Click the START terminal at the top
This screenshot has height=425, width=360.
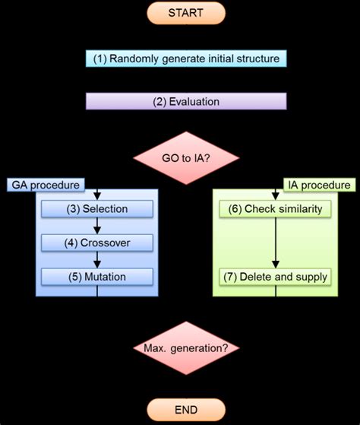[186, 13]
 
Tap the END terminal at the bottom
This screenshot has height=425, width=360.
[186, 411]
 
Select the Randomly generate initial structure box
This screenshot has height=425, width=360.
[186, 59]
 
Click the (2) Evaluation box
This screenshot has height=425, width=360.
[186, 101]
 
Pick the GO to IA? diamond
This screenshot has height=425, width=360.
[186, 158]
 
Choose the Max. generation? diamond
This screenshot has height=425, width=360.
[186, 349]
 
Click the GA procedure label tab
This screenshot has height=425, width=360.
[45, 185]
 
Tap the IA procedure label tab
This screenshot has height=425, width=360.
[320, 185]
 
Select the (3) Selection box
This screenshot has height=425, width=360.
[96, 208]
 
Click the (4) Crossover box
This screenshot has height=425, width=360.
[96, 243]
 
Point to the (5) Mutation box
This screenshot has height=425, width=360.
[96, 277]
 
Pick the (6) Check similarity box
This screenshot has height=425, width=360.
[276, 208]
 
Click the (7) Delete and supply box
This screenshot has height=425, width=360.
[276, 277]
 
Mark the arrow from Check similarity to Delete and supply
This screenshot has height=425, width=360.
[276, 243]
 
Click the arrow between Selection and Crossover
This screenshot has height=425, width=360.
[96, 226]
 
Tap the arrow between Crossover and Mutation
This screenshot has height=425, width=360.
[96, 260]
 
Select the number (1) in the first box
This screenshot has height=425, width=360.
[99, 59]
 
